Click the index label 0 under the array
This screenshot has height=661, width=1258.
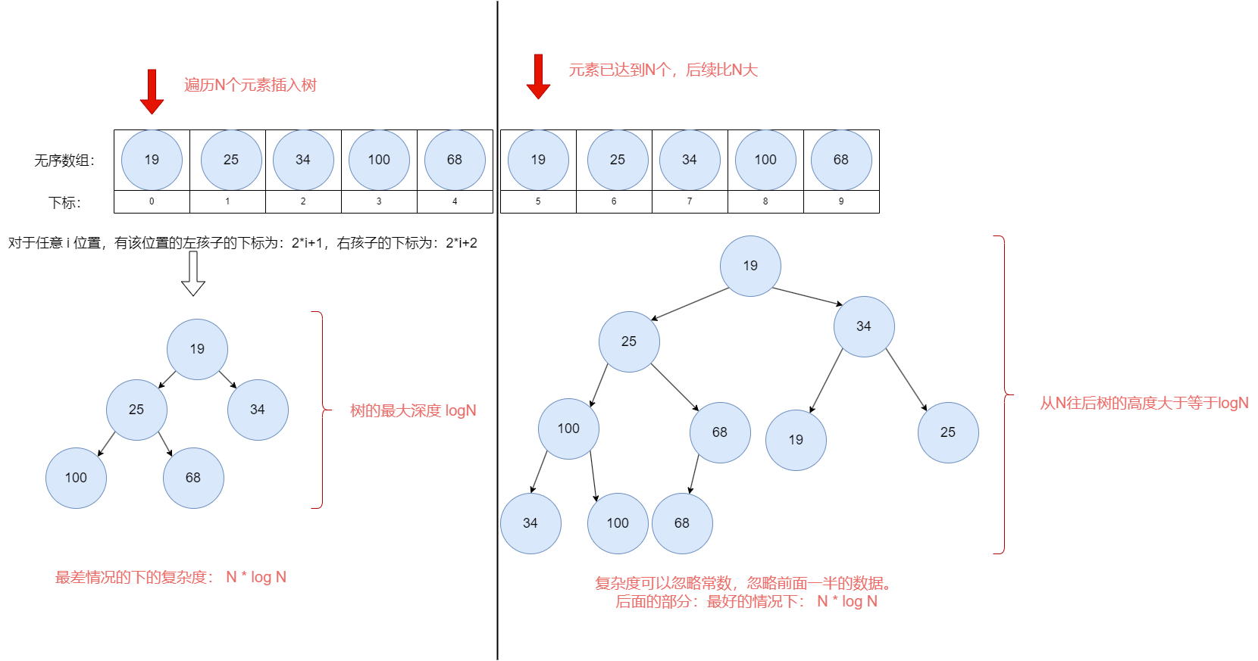[152, 201]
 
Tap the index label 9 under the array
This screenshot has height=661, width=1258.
[841, 201]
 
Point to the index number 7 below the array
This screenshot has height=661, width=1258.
[690, 201]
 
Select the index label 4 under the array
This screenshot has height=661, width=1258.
[455, 201]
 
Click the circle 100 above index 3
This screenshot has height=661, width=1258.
[379, 160]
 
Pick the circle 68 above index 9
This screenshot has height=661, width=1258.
[841, 160]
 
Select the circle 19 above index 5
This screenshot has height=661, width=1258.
[538, 160]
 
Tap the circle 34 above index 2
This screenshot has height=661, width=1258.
[303, 160]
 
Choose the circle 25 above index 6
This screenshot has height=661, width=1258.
[618, 160]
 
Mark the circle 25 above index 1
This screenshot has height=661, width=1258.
[231, 160]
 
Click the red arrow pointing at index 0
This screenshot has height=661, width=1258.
[152, 92]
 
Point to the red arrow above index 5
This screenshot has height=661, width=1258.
[538, 76]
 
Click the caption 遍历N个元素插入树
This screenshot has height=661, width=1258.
[250, 85]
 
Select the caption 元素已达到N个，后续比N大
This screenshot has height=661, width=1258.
[663, 70]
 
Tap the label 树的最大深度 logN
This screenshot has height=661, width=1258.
[413, 410]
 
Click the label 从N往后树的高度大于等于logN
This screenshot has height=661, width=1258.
[1144, 403]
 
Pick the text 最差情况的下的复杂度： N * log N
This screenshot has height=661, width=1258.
[171, 577]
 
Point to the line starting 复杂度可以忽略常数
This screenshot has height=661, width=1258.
[742, 583]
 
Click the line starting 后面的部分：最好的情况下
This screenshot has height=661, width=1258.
[746, 601]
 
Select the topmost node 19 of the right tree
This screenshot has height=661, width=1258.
[750, 266]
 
